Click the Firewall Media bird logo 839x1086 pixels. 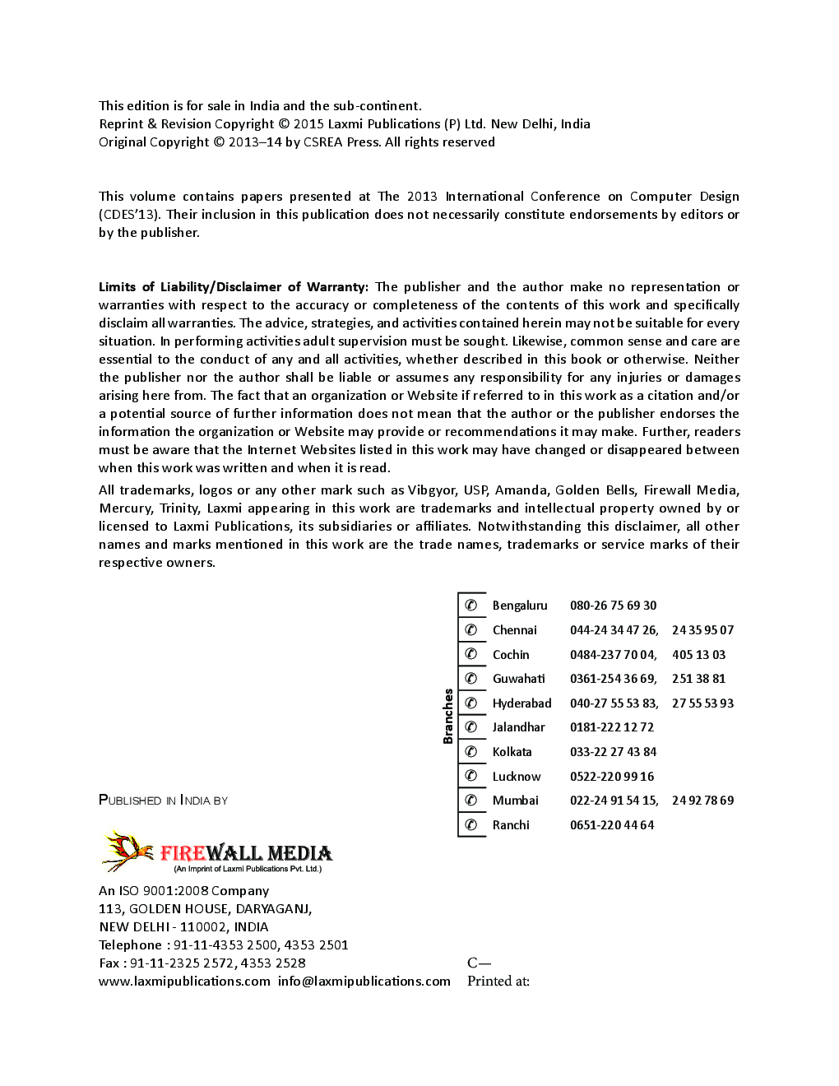click(128, 851)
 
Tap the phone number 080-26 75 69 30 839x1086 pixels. click(613, 606)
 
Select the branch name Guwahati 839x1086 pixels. click(518, 679)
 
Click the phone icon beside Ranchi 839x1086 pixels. click(471, 824)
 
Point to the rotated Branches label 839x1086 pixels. click(448, 716)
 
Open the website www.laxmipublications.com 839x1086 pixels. click(184, 981)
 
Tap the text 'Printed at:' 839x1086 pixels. click(498, 981)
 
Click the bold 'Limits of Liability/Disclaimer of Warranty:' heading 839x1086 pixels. click(234, 287)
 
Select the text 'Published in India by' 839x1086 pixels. click(163, 800)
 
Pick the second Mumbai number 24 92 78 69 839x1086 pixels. click(702, 801)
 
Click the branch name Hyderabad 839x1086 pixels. click(521, 703)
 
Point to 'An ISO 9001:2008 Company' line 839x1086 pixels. click(183, 890)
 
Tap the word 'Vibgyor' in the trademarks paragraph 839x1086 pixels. click(432, 490)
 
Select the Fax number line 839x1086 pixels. click(202, 963)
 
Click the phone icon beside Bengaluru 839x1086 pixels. click(471, 606)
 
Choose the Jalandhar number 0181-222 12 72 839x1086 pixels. click(611, 727)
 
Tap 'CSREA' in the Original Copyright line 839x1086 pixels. click(323, 142)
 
